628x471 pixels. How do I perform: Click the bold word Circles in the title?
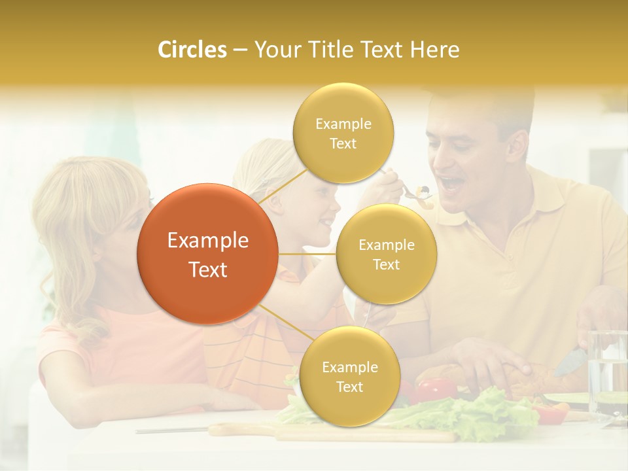[192, 50]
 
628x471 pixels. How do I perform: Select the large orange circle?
[208, 254]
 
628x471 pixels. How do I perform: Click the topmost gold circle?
[343, 133]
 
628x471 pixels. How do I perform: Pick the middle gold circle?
[386, 254]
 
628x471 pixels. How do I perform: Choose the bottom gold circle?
[349, 376]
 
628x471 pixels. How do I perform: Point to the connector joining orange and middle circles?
[307, 254]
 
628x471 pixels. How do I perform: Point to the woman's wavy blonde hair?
[72, 216]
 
